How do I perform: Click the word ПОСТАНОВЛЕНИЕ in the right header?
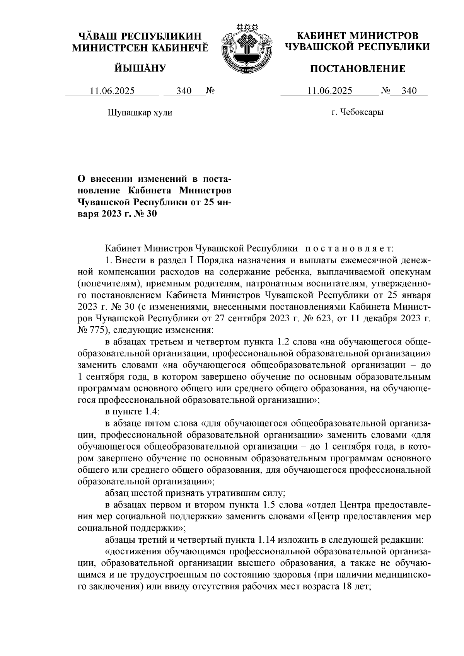click(x=358, y=69)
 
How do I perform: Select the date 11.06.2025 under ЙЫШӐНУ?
click(x=112, y=91)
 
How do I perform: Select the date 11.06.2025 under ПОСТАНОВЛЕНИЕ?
click(x=329, y=91)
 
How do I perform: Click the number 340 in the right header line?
click(x=409, y=91)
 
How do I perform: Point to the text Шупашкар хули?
click(x=139, y=113)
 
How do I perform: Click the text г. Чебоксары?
click(x=357, y=113)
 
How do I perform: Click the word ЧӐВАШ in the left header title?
click(x=97, y=36)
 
